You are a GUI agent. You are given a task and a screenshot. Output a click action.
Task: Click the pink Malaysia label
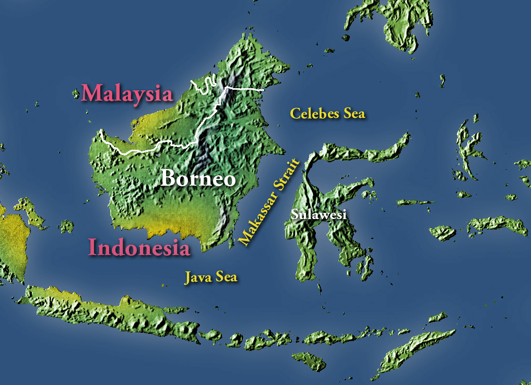127,93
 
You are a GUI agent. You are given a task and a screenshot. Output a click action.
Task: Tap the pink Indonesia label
139,247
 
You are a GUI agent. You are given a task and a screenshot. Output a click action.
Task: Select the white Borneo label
198,178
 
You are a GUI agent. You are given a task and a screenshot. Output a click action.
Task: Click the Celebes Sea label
327,113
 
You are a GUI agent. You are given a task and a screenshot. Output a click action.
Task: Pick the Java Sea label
211,277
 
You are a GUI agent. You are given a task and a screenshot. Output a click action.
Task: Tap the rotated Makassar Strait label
270,201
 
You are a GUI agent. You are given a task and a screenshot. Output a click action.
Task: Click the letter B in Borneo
169,178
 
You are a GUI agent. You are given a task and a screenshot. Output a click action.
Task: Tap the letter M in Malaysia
91,93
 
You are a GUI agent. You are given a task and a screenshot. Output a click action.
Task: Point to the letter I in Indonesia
92,247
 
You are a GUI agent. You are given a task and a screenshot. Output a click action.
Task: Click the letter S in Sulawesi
295,214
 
